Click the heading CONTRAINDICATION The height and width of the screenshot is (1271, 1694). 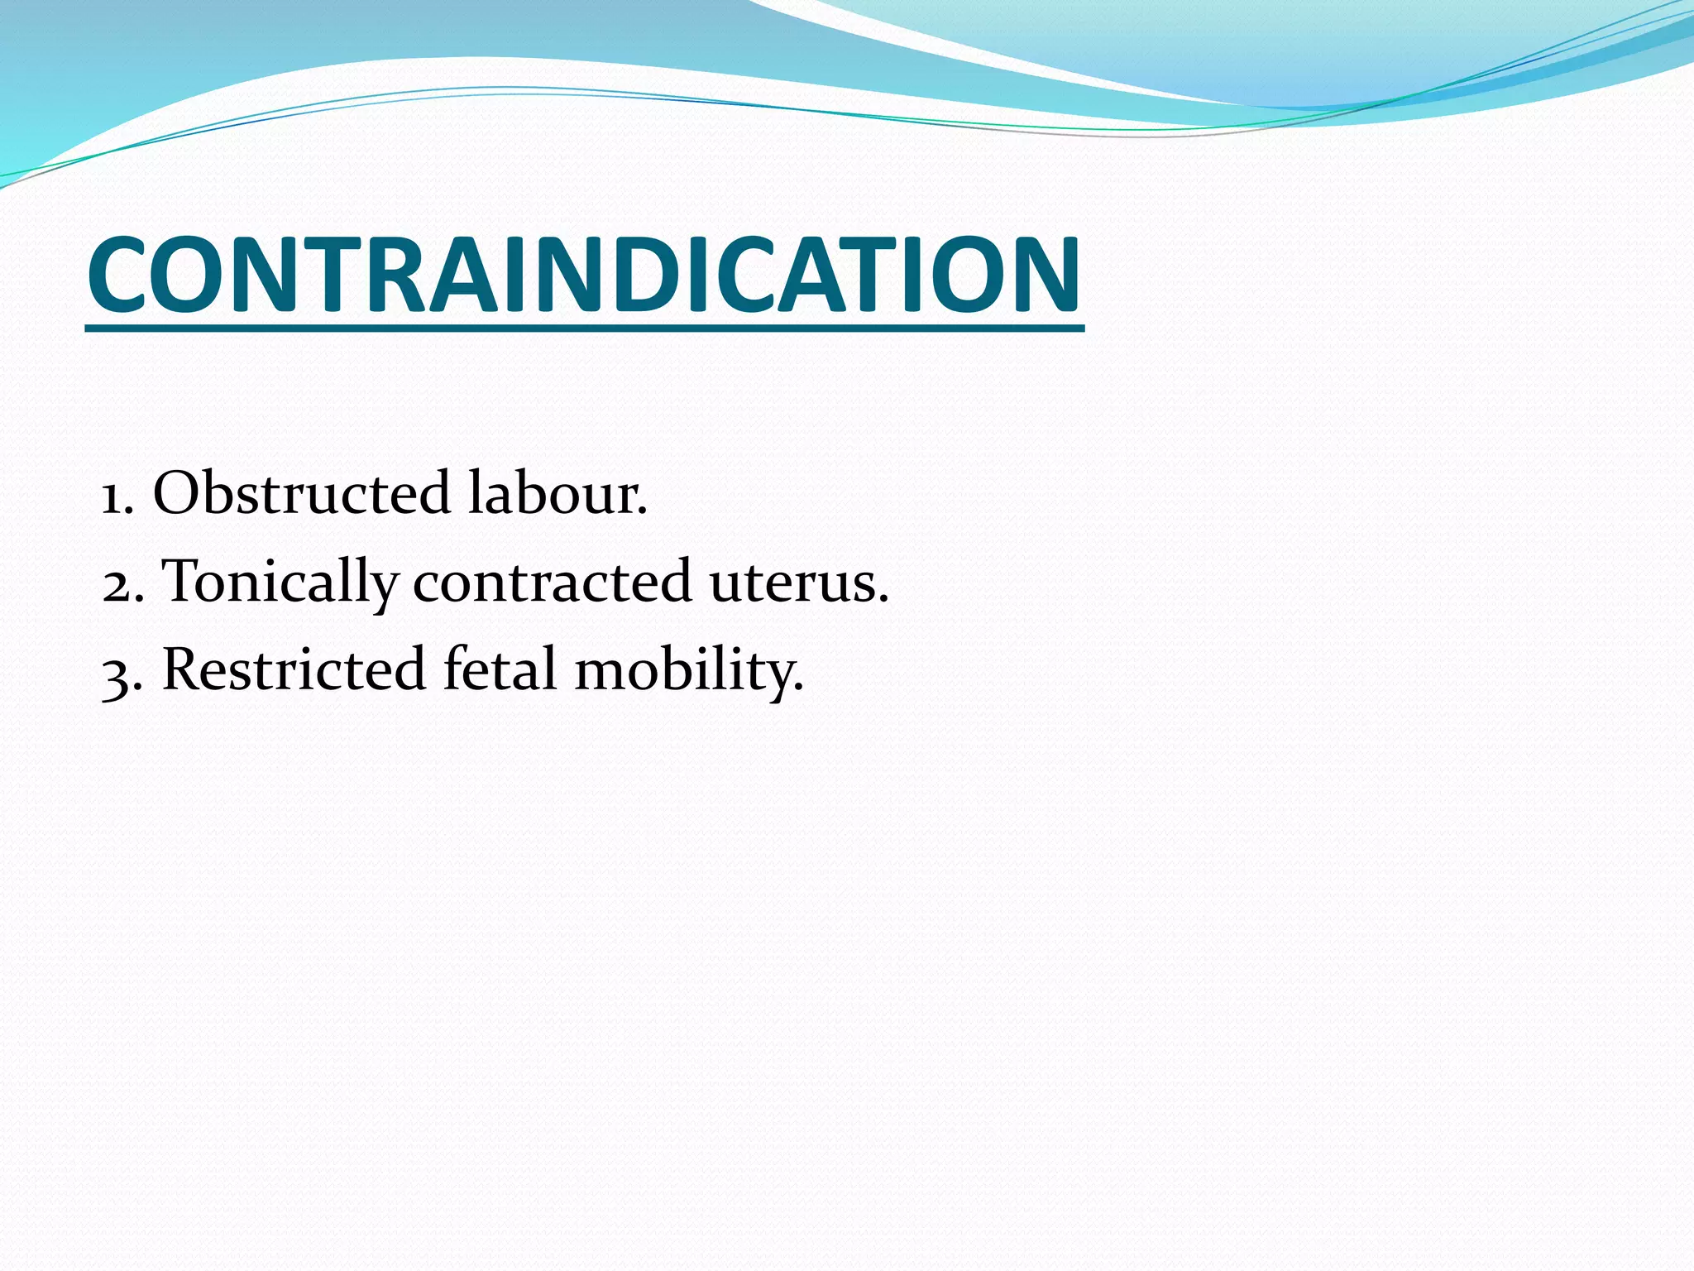pos(584,275)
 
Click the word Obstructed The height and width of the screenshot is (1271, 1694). pos(301,493)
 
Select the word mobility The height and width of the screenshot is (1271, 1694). pos(688,670)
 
